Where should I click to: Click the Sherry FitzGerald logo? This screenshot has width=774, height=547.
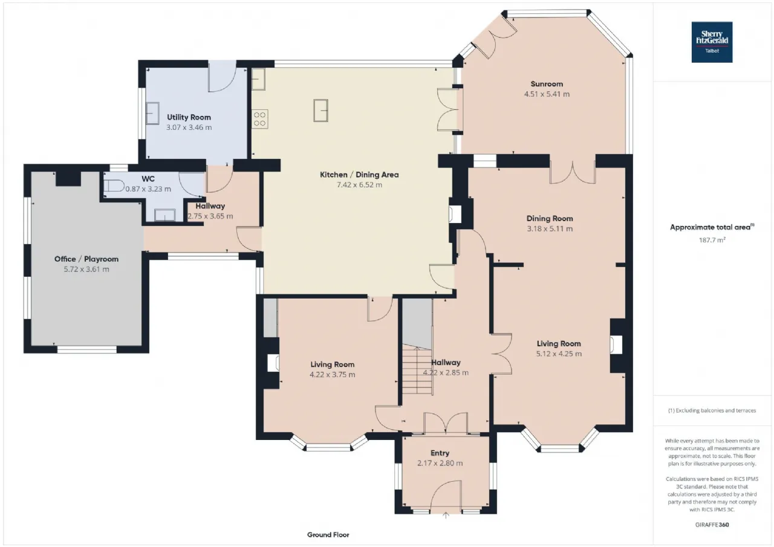(x=712, y=42)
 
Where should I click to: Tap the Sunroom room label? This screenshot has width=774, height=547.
(x=547, y=84)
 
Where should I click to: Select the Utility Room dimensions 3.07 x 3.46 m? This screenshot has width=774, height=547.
(x=189, y=128)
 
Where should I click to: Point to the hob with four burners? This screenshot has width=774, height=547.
(x=260, y=119)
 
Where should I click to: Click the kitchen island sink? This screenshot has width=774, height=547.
(x=320, y=111)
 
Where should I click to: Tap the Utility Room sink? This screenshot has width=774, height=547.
(x=152, y=113)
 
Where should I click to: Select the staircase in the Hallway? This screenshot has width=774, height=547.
(x=417, y=369)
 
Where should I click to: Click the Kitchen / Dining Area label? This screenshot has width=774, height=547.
(x=359, y=175)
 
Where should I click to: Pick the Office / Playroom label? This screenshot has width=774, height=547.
(x=86, y=259)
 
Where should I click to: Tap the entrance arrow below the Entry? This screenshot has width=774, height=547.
(x=446, y=516)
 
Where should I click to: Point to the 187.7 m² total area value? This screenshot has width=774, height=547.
(x=712, y=240)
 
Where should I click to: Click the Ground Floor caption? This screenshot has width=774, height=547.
(x=328, y=535)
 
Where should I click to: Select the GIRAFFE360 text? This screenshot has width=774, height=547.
(x=712, y=525)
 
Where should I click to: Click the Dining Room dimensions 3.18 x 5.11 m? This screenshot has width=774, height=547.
(x=550, y=228)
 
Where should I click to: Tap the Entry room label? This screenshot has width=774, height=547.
(x=440, y=453)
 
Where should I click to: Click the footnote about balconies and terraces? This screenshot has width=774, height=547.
(x=712, y=410)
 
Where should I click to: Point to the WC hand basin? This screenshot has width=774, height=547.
(x=165, y=215)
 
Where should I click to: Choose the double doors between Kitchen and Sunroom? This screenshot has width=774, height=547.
(x=448, y=109)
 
